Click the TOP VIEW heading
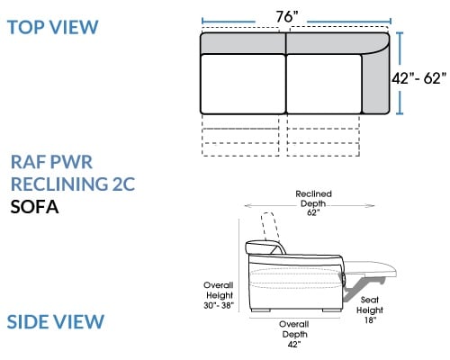coord(53,27)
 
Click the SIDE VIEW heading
coord(56,321)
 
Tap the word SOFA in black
coord(34,207)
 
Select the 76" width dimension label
coord(287,17)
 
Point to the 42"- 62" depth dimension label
coord(418,78)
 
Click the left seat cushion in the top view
coord(243,84)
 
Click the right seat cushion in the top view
coord(324,84)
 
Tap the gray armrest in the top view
coord(375,83)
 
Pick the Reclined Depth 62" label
coord(313,203)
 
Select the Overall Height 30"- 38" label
coord(219,295)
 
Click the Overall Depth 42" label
coord(294,334)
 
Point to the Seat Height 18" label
coord(370,310)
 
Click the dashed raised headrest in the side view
coord(270,227)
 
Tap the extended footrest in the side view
coord(371,268)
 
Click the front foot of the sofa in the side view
coord(331,310)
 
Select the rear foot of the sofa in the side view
coord(260,310)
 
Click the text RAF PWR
coord(51,162)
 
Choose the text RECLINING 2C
coord(73,184)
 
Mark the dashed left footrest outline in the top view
coord(240,135)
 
